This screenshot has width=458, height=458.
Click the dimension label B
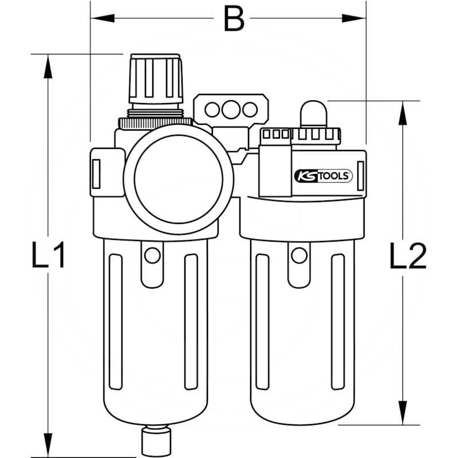point(234,18)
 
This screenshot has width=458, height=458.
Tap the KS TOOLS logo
point(323,176)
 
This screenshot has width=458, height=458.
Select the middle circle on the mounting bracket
point(231,108)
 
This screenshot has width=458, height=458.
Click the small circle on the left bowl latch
point(152,255)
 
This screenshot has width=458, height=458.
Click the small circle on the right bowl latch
point(299,255)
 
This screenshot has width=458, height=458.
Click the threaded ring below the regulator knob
point(155,121)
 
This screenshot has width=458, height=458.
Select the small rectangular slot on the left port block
point(96,173)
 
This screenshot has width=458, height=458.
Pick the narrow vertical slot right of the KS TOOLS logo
point(361,179)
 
